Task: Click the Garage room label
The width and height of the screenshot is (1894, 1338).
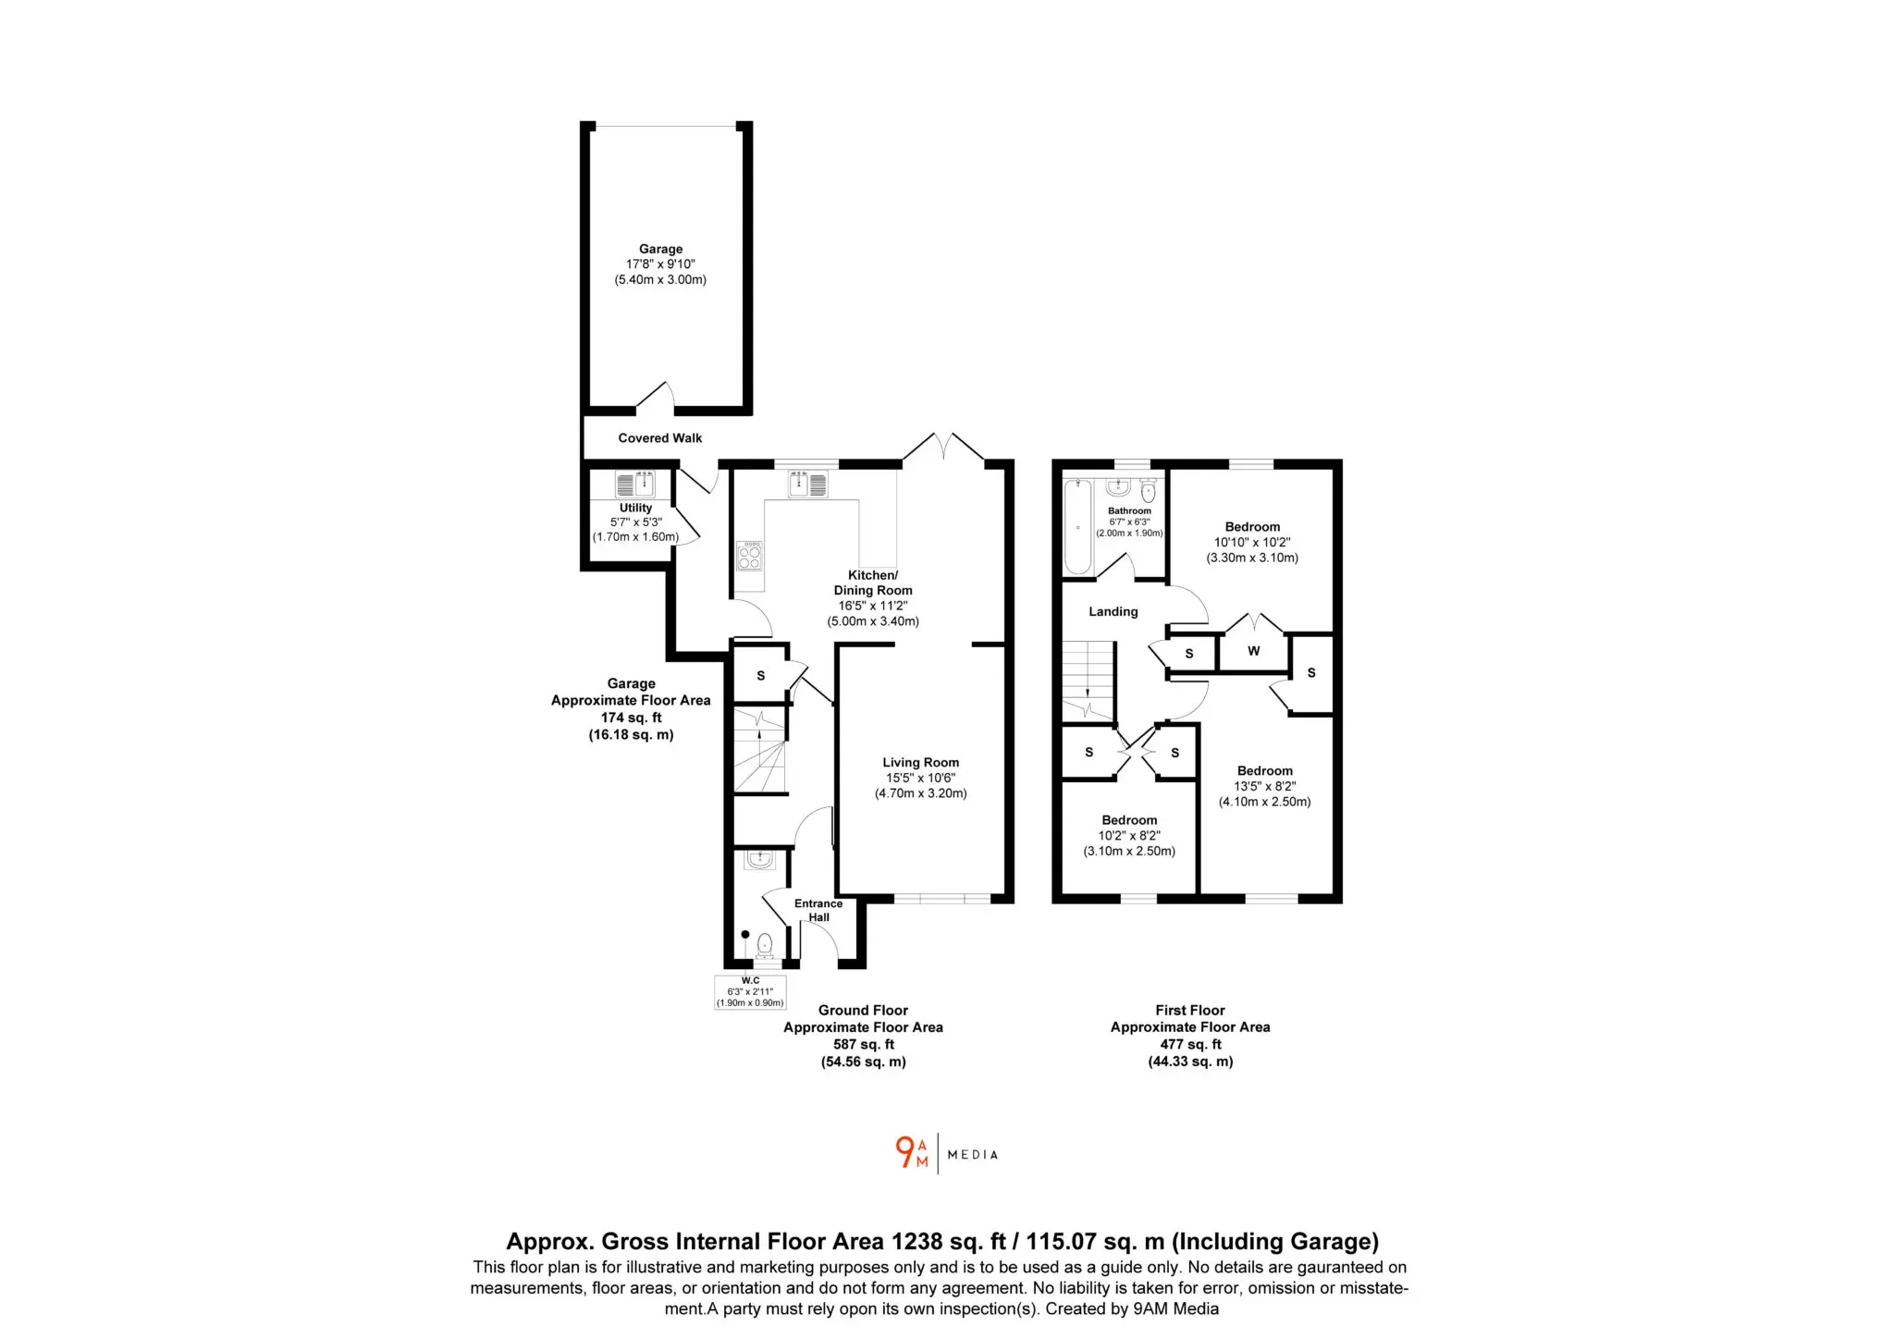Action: pyautogui.click(x=660, y=249)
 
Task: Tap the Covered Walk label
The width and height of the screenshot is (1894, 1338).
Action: pyautogui.click(x=660, y=438)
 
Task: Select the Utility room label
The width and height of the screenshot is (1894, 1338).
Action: pyautogui.click(x=635, y=508)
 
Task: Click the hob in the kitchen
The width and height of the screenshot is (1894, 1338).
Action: pyautogui.click(x=750, y=556)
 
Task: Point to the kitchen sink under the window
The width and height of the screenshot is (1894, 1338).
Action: pyautogui.click(x=808, y=484)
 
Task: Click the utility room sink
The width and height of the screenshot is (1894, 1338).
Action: pyautogui.click(x=635, y=485)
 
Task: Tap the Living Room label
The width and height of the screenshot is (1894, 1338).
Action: pyautogui.click(x=920, y=763)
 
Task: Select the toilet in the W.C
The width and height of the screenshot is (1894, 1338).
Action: pyautogui.click(x=765, y=946)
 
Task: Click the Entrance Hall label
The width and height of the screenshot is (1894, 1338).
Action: pyautogui.click(x=818, y=911)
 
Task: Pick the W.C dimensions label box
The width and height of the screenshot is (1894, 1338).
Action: pyautogui.click(x=750, y=992)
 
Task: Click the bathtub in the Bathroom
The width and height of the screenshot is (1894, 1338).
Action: pyautogui.click(x=1078, y=525)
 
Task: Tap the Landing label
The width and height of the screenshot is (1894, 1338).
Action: pyautogui.click(x=1113, y=611)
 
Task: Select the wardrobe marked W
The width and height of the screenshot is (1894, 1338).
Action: pyautogui.click(x=1253, y=652)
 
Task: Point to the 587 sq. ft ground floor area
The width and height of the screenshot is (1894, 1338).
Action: pyautogui.click(x=864, y=1045)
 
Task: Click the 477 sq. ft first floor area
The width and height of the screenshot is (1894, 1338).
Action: pyautogui.click(x=1191, y=1045)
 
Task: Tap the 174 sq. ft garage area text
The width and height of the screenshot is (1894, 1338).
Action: pyautogui.click(x=632, y=718)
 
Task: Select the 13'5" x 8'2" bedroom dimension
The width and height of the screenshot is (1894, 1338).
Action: pyautogui.click(x=1265, y=787)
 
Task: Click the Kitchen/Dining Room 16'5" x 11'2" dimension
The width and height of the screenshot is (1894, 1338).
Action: pyautogui.click(x=873, y=606)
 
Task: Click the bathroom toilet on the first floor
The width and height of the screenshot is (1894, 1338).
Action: pyautogui.click(x=1149, y=490)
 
